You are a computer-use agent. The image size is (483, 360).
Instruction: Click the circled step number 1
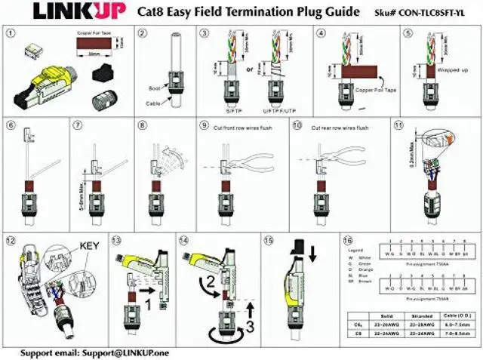tap(10, 33)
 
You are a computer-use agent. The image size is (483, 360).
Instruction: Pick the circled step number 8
tap(142, 125)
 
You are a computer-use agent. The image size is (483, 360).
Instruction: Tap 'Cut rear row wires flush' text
tap(333, 126)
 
